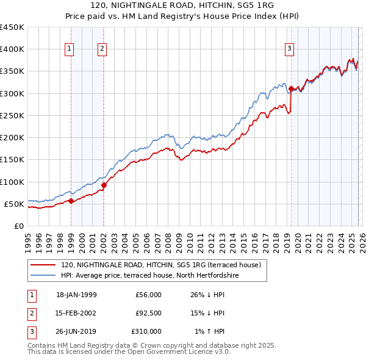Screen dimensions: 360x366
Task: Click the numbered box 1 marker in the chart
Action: [x=70, y=49]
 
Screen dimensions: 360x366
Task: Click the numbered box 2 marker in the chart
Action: [x=102, y=49]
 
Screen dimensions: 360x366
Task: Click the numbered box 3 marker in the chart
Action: [x=289, y=49]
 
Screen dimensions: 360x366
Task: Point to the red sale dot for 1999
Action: [x=71, y=201]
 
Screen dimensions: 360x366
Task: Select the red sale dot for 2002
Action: [x=104, y=185]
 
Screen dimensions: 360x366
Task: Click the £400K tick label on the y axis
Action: [x=13, y=49]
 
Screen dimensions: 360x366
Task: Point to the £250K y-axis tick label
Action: [x=13, y=115]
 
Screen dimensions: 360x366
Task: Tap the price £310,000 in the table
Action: [x=146, y=332]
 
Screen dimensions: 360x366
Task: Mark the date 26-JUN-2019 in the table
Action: [x=76, y=332]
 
